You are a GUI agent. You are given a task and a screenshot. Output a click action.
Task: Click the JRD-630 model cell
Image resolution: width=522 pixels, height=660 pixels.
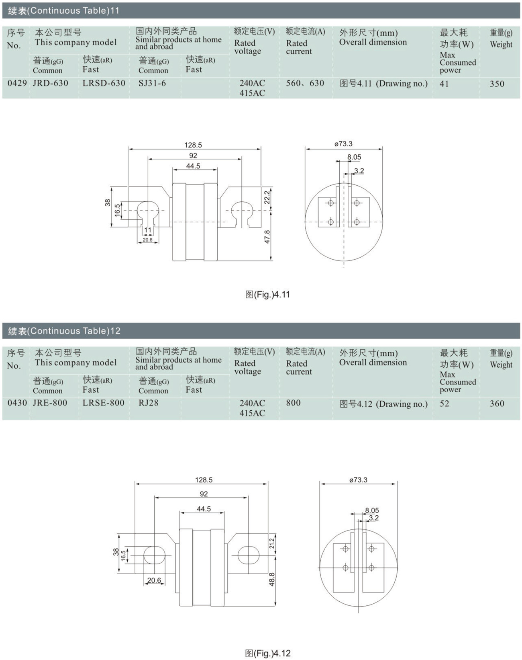click(x=51, y=83)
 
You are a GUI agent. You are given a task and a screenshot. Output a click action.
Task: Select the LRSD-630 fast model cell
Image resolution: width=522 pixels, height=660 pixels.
click(x=104, y=83)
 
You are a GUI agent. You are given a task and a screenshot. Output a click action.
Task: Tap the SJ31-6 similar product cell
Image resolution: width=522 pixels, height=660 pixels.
click(x=152, y=83)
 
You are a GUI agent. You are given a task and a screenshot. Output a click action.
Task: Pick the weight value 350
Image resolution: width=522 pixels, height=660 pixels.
click(x=497, y=84)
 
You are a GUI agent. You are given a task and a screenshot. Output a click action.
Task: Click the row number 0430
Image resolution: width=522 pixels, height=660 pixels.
click(x=17, y=403)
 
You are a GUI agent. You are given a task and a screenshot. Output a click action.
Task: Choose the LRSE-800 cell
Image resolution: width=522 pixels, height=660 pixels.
click(x=104, y=403)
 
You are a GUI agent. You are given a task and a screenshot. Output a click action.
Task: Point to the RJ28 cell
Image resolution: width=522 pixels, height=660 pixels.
click(x=149, y=403)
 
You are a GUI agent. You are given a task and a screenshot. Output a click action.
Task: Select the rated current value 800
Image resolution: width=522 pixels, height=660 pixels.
click(x=293, y=403)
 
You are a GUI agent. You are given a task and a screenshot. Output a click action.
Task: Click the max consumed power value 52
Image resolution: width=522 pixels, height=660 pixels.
click(x=445, y=403)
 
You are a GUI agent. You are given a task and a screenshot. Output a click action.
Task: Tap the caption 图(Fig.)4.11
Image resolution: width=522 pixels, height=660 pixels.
click(x=267, y=294)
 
